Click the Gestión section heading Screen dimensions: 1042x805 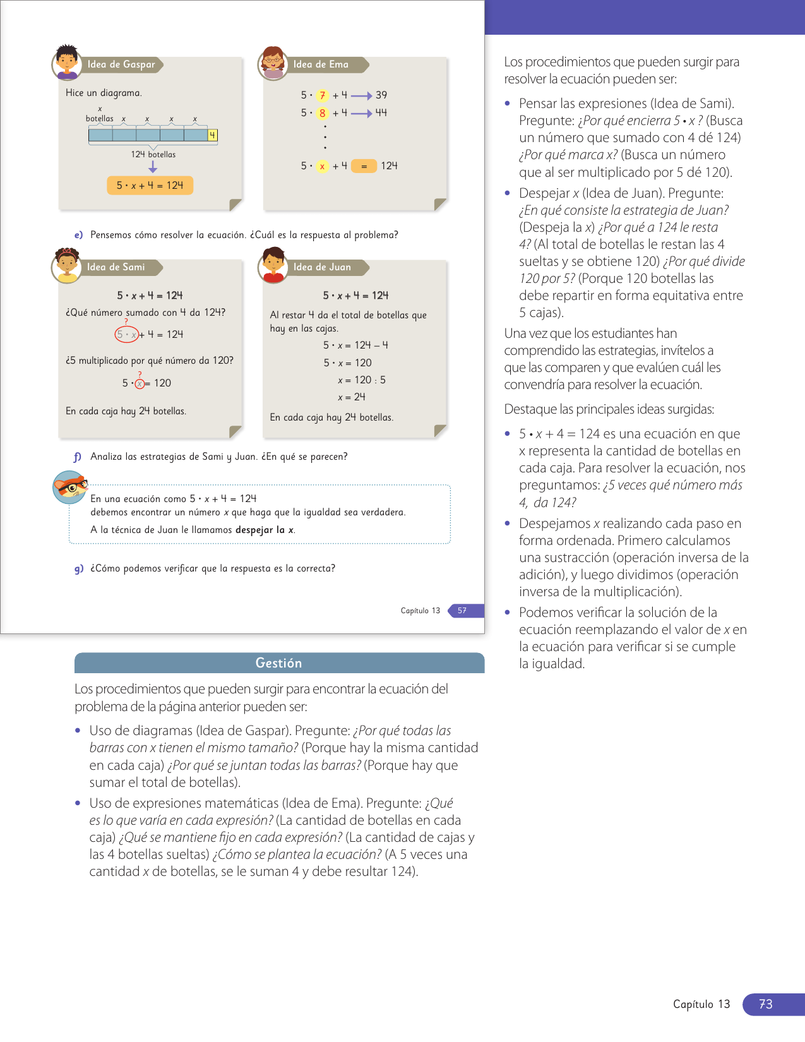click(278, 663)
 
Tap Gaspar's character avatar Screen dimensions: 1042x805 click(66, 63)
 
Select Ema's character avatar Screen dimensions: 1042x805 click(273, 63)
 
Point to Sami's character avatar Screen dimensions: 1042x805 click(66, 265)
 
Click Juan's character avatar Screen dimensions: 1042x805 click(273, 265)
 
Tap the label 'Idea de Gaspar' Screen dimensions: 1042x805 click(121, 64)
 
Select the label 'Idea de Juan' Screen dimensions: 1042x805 click(322, 267)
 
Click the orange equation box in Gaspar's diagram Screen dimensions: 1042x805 click(150, 185)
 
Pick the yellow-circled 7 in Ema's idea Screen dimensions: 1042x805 click(322, 95)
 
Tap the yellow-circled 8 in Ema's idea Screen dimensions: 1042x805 click(322, 113)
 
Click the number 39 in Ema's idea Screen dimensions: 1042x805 click(381, 95)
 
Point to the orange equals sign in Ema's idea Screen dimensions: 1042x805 click(364, 166)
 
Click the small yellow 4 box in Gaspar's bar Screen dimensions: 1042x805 click(212, 135)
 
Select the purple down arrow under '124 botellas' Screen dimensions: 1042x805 click(153, 167)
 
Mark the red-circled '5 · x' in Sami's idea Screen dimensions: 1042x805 click(126, 334)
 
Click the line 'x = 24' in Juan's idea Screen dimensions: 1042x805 click(351, 397)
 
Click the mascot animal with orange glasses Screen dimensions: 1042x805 click(70, 488)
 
